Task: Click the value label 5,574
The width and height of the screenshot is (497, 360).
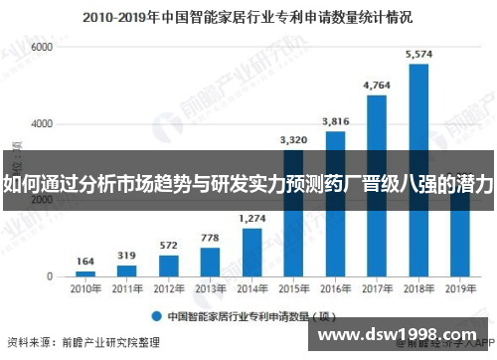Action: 418,55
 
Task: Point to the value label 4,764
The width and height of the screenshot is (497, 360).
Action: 377,86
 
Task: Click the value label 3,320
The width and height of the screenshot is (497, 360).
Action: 293,140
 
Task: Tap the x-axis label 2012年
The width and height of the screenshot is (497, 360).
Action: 169,289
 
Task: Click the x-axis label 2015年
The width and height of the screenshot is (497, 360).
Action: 293,289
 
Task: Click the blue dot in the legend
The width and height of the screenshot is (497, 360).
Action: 157,317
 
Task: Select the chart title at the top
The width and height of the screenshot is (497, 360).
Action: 248,17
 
